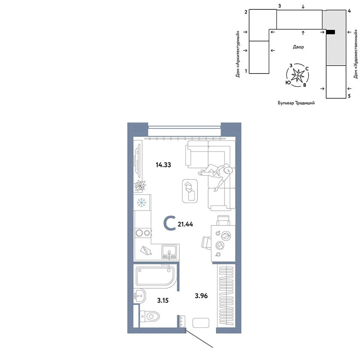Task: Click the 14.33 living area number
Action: click(x=163, y=165)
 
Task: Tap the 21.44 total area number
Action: click(x=185, y=224)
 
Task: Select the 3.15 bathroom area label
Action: click(x=163, y=300)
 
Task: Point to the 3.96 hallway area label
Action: click(x=201, y=296)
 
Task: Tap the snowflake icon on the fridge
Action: click(x=141, y=202)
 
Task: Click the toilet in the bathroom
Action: click(x=149, y=316)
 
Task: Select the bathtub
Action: click(x=156, y=276)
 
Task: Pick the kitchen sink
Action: click(x=169, y=252)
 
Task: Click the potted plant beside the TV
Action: click(x=140, y=186)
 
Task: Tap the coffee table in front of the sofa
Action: click(x=190, y=191)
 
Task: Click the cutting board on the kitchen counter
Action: click(x=146, y=250)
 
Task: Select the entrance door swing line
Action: click(x=199, y=338)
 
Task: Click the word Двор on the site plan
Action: click(x=298, y=47)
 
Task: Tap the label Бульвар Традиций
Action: click(x=296, y=103)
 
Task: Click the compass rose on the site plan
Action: click(x=297, y=75)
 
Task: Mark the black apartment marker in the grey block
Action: click(x=331, y=32)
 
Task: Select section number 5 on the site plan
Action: click(x=349, y=96)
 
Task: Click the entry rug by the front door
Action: click(x=201, y=323)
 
